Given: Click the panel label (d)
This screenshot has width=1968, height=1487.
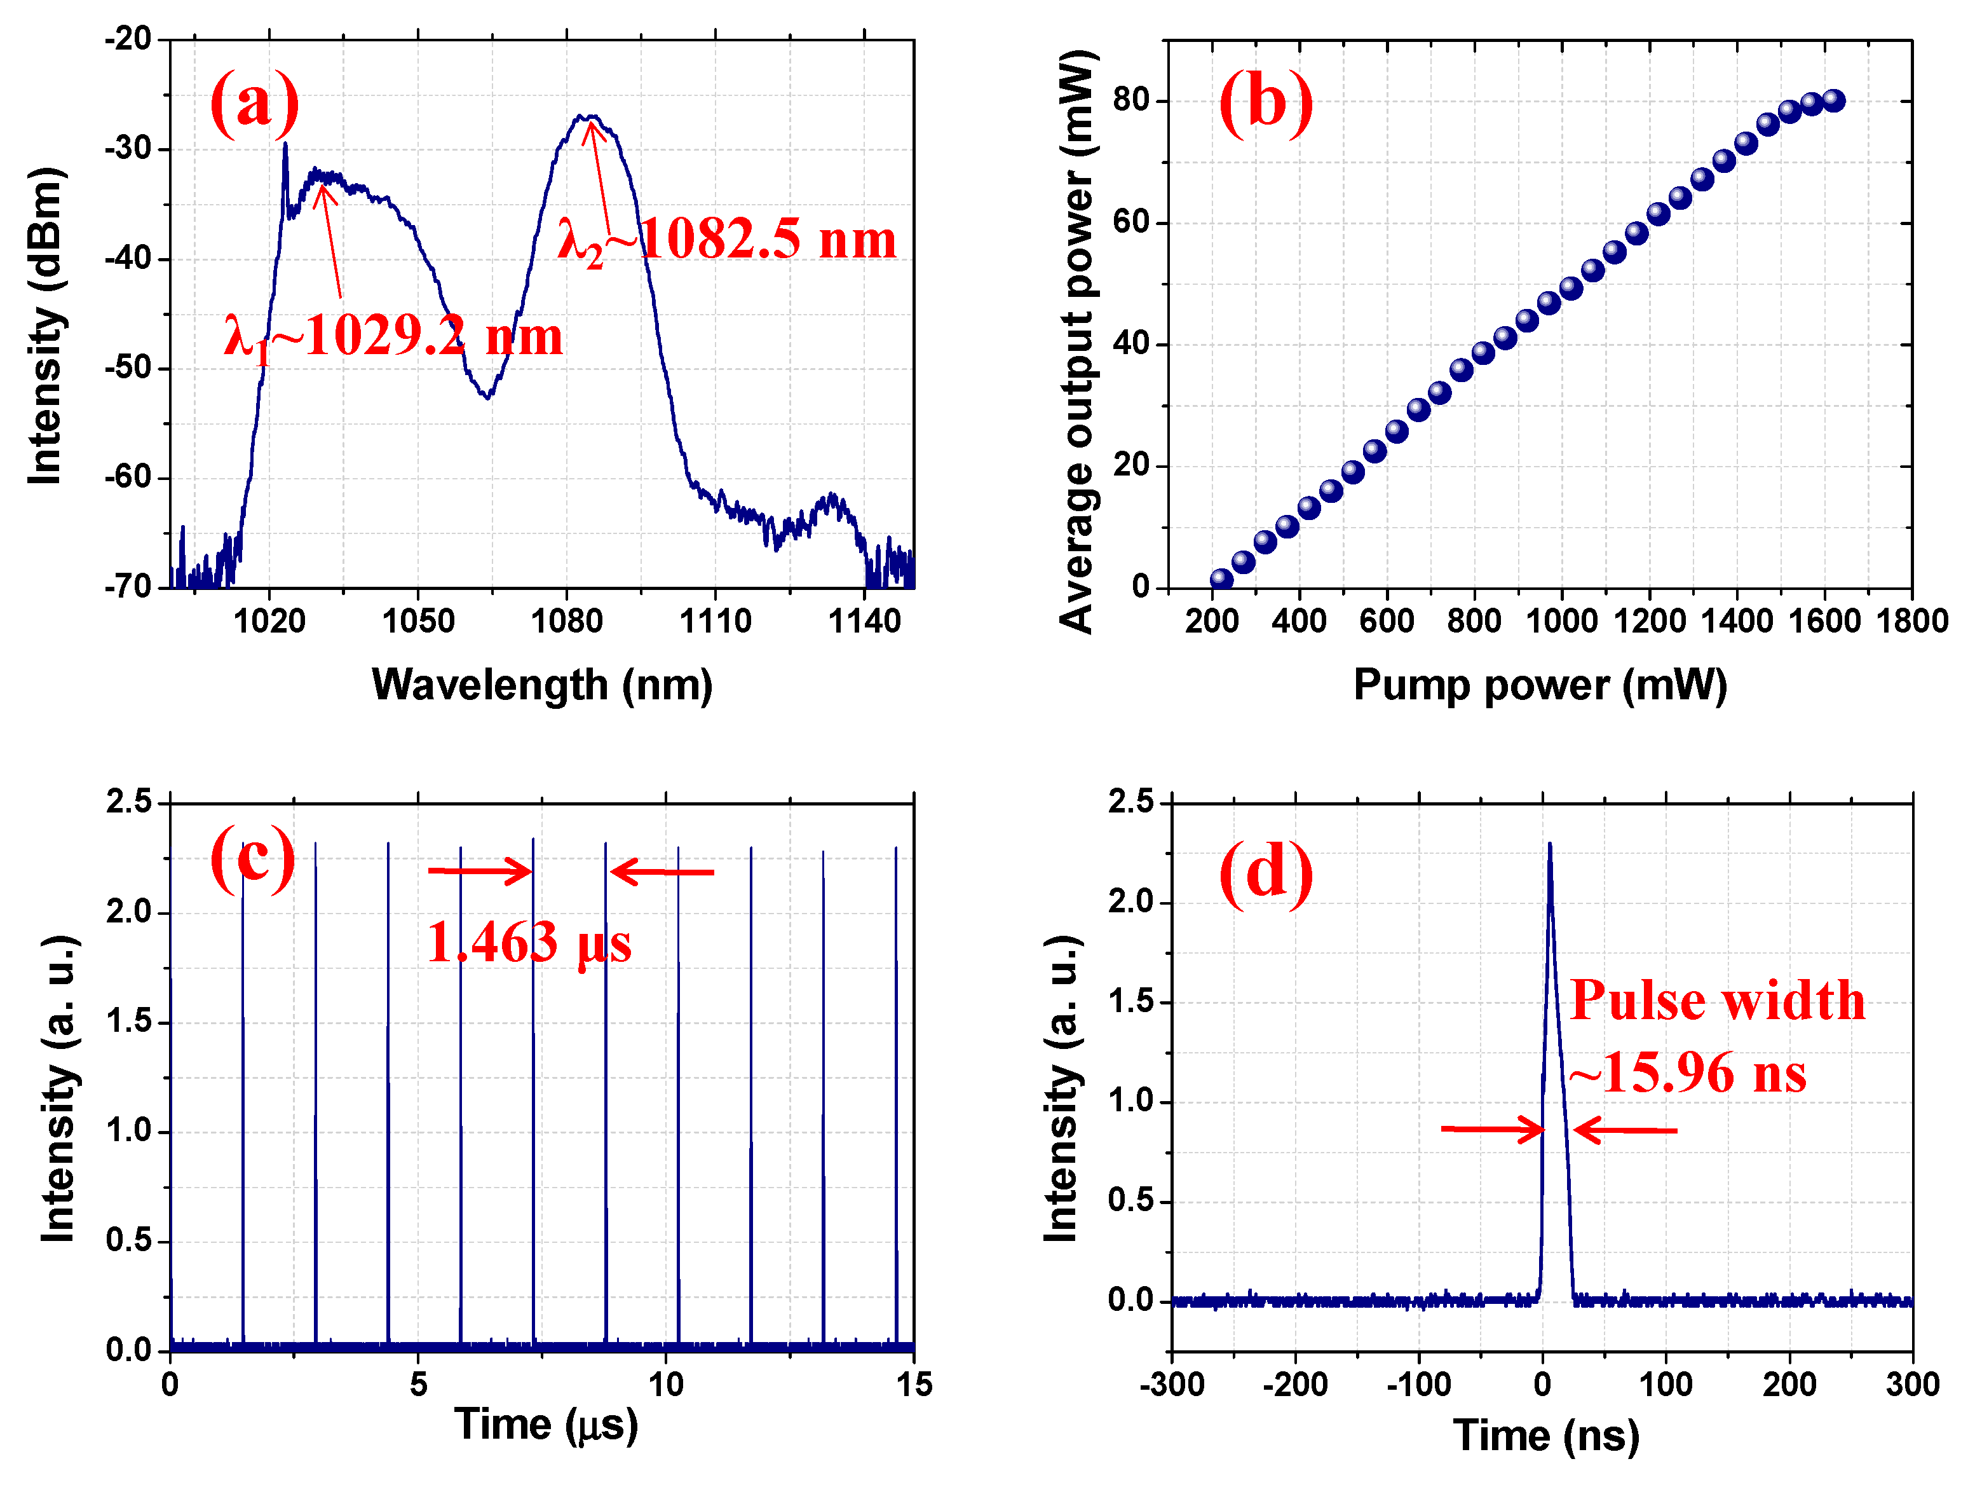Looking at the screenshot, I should click(x=1265, y=873).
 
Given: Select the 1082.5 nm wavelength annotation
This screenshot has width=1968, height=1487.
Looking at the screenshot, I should click(x=726, y=240).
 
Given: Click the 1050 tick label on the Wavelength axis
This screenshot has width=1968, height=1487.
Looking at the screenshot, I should click(x=418, y=620).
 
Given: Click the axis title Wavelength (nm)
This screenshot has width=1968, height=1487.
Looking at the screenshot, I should click(x=542, y=685).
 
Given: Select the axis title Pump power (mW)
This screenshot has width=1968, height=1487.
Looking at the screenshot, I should click(x=1540, y=685).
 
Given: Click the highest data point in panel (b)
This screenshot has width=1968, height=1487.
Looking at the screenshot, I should click(x=1833, y=100).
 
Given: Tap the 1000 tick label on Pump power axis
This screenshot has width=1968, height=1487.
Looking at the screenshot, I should click(x=1561, y=620).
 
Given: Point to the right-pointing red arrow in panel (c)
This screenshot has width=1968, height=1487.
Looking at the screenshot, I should click(x=480, y=870).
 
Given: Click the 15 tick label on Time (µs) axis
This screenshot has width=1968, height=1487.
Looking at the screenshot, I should click(x=914, y=1385).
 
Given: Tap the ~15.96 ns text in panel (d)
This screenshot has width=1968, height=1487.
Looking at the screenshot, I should click(x=1687, y=1072).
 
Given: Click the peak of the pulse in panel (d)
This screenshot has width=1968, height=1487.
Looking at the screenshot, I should click(x=1550, y=846).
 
